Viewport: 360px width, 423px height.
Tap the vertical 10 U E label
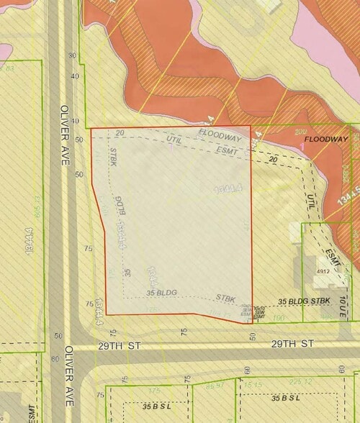coord(344,305)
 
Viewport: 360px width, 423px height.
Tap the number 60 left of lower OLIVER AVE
coord(54,358)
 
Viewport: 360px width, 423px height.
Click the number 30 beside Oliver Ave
coord(72,55)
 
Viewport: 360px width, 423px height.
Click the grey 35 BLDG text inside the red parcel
coord(161,293)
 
